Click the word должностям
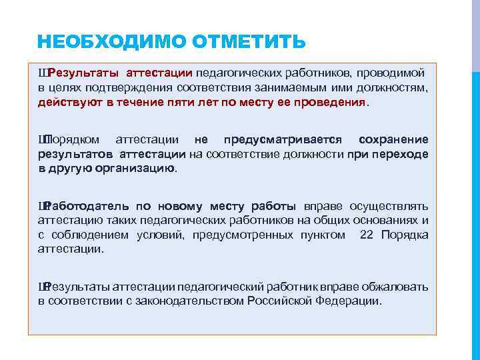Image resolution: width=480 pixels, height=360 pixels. coord(393,87)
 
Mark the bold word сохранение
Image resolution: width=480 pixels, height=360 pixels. coord(393,139)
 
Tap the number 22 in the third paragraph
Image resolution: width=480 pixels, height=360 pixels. coord(367,235)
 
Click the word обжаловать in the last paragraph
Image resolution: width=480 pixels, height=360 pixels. coord(395,287)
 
